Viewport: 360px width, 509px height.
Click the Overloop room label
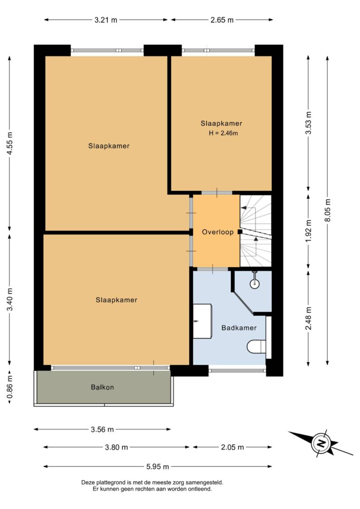217,232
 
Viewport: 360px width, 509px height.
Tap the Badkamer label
239,328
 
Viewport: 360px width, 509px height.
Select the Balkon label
102,387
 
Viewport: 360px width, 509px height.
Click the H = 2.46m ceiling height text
223,133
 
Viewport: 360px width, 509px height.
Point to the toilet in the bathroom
256,347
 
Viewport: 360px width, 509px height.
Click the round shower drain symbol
255,284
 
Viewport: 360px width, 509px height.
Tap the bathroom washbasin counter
202,321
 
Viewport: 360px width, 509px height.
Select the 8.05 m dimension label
328,210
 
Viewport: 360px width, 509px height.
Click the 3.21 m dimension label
106,20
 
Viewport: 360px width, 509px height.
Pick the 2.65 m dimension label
222,20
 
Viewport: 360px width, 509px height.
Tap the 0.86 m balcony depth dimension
10,387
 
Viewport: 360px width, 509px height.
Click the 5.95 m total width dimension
157,466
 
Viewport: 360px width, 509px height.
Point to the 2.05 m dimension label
232,447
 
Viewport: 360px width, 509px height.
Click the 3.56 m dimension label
102,429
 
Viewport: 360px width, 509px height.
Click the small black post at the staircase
240,232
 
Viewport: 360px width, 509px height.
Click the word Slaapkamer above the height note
221,123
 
